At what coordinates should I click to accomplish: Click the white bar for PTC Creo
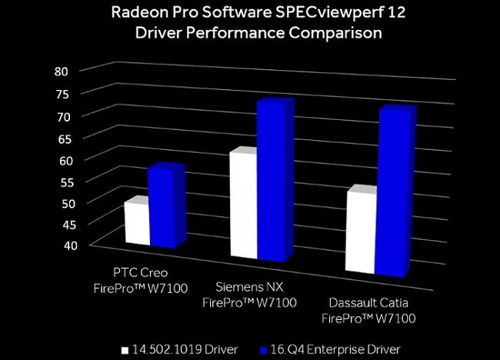(136, 223)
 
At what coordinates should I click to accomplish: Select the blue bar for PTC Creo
(162, 208)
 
